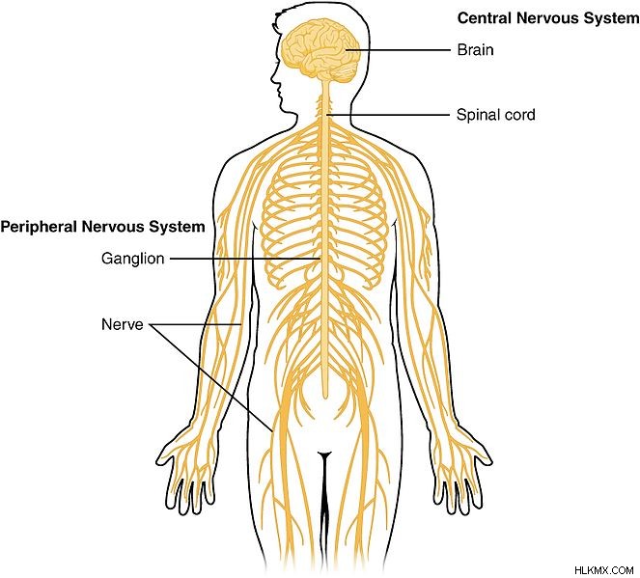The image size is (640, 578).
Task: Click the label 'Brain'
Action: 475,50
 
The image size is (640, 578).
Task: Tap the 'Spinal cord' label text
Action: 495,115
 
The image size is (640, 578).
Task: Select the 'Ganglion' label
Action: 132,259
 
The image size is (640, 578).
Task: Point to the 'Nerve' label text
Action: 122,324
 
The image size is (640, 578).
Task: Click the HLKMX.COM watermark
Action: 603,570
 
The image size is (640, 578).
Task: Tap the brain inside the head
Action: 321,50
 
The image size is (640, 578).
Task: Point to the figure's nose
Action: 273,77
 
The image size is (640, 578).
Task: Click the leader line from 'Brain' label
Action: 397,50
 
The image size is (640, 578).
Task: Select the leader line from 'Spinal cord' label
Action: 388,115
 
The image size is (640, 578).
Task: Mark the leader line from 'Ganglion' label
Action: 245,259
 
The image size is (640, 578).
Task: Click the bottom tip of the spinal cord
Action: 325,398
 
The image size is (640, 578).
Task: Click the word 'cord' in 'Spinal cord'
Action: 519,115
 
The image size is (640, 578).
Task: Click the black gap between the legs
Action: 324,506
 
